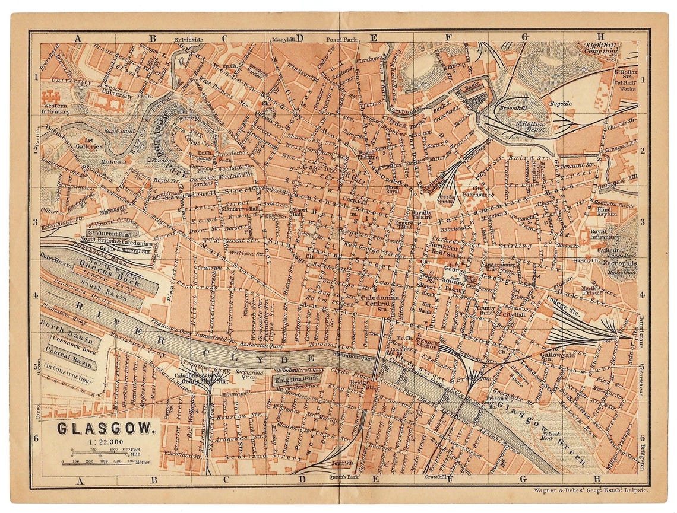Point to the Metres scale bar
coord(105,461)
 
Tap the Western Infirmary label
coord(59,109)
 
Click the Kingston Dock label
coord(297,377)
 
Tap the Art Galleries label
coord(88,143)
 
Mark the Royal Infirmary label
coord(606,235)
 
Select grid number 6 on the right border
coord(643,438)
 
